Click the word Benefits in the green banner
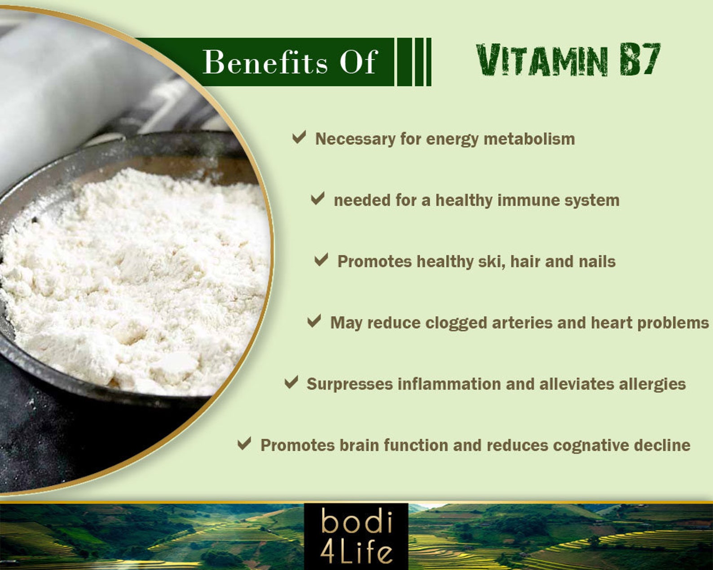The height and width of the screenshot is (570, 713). [265, 62]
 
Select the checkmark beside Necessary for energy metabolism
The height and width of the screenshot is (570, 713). [299, 137]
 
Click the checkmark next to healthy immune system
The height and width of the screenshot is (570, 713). [317, 198]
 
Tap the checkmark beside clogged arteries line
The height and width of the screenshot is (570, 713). [314, 321]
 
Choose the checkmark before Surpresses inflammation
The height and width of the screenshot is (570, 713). [291, 382]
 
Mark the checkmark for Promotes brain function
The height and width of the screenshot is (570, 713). [244, 444]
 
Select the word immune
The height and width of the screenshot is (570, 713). [528, 200]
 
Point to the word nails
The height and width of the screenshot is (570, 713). [597, 262]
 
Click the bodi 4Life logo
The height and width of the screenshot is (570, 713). [356, 536]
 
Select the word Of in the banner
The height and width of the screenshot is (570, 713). [358, 62]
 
